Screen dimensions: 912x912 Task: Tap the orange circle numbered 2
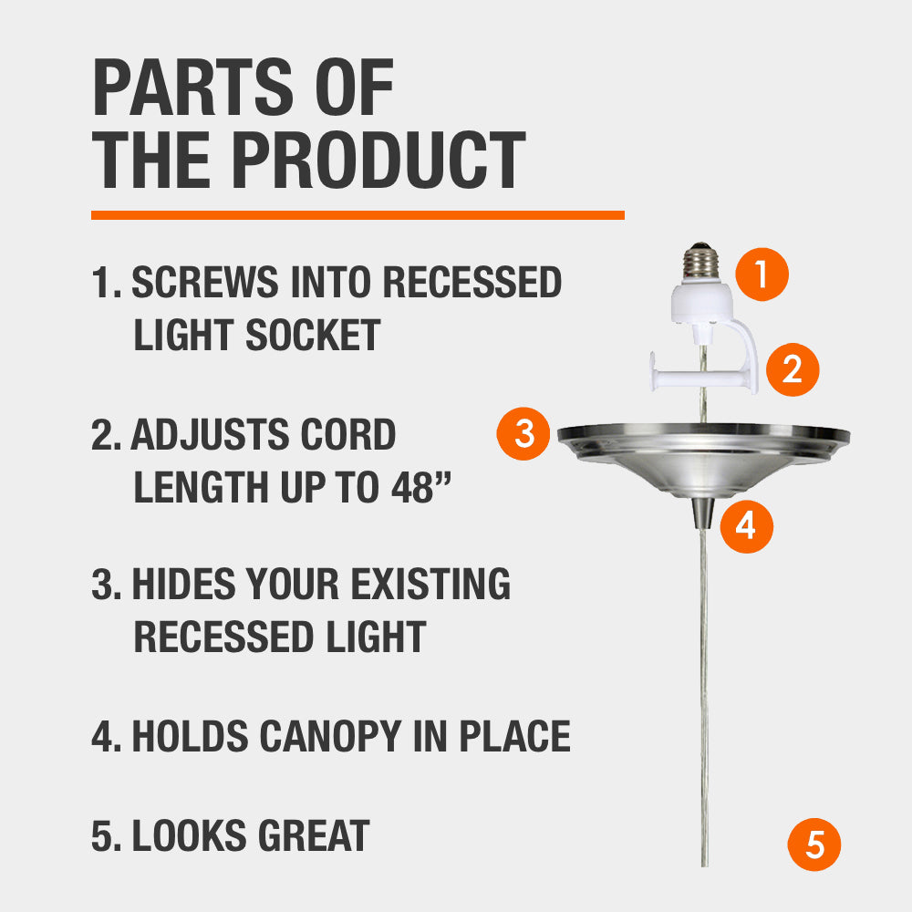tap(792, 369)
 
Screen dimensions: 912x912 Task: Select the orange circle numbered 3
tap(523, 434)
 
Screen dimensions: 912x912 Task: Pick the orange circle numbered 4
tap(746, 525)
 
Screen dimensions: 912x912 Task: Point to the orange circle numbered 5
tap(814, 845)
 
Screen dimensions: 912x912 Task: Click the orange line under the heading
tap(358, 215)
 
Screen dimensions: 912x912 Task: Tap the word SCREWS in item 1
tap(206, 284)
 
